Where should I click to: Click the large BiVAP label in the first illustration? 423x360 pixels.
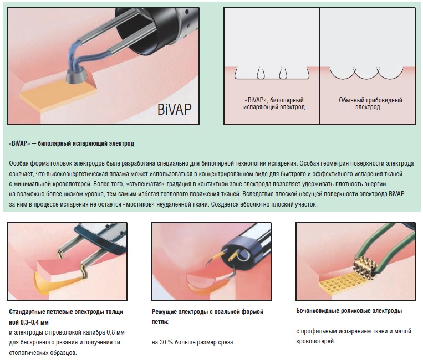point(174,109)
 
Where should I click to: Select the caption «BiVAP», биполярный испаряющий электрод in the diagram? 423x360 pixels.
point(274,104)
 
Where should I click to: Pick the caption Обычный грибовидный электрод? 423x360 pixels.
point(370,104)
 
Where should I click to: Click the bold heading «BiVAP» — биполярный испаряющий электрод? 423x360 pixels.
point(72,143)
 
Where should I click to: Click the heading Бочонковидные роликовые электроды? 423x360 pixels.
point(349,311)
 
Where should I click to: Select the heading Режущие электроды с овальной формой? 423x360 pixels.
point(207,312)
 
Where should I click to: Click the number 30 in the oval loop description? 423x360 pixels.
point(163,342)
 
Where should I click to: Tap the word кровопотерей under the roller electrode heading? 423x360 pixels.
point(315,342)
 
